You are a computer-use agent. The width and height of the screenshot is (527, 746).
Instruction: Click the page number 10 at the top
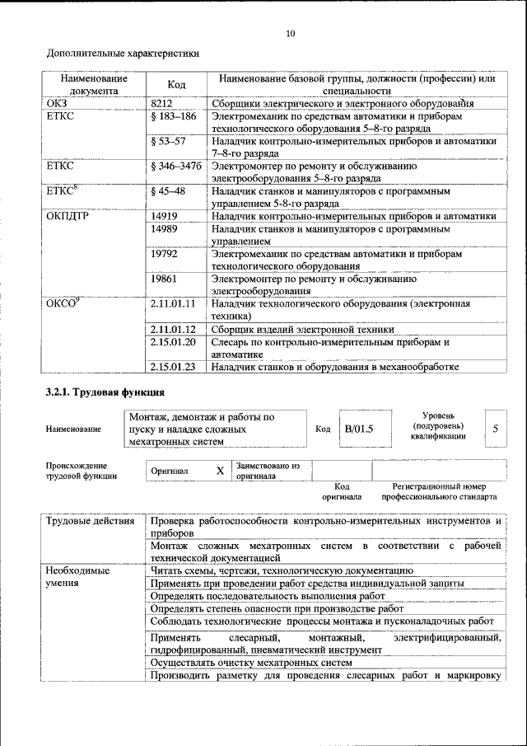tap(289, 34)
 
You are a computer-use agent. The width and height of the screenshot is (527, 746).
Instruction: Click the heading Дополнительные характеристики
tap(123, 54)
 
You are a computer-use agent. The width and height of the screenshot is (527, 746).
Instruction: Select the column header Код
tap(176, 85)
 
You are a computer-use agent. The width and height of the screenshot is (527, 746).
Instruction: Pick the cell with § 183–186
tap(174, 116)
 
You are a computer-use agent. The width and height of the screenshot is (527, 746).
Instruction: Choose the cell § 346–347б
tap(176, 167)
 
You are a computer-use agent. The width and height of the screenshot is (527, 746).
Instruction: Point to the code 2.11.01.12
tap(172, 329)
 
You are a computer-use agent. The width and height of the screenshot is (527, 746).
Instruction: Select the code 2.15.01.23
tap(172, 367)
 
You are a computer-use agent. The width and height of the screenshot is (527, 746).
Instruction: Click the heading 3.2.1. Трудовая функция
tap(105, 392)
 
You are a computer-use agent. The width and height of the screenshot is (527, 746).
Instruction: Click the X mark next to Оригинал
tap(219, 471)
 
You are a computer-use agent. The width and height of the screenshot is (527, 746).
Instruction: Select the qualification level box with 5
tap(495, 429)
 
